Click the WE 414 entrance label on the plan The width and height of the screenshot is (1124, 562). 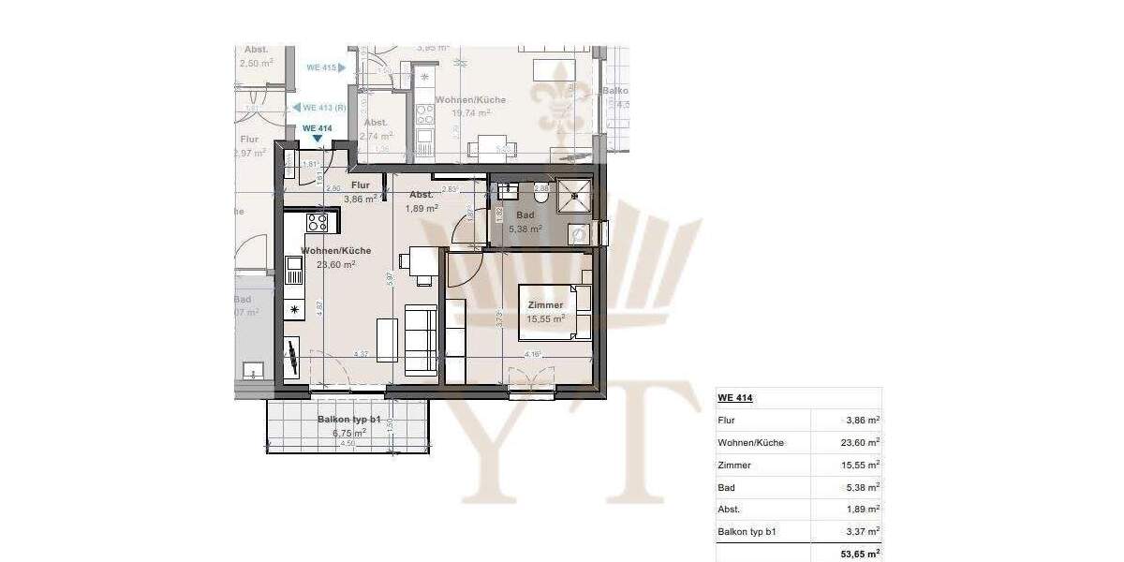coord(318,128)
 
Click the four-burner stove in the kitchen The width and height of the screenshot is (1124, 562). coord(317,223)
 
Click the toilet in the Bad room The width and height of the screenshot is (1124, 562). coord(540,196)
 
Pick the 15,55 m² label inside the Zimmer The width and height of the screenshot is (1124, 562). coord(545,319)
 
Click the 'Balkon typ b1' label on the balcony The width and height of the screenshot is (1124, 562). coord(349,421)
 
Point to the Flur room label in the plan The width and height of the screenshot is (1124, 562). coord(361,185)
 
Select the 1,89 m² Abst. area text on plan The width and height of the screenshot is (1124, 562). coord(422,208)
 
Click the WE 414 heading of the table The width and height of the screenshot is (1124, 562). coord(735,398)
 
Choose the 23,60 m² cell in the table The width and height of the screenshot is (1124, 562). coord(860,443)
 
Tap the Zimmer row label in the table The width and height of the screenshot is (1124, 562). coord(734,466)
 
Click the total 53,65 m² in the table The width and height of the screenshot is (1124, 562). coord(858,555)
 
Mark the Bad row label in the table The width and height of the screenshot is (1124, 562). coord(727,488)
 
